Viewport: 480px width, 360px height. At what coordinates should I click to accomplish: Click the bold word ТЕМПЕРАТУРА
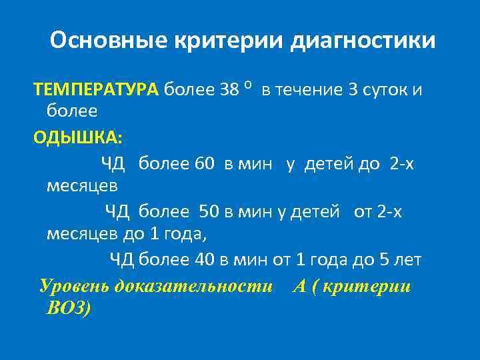[x=96, y=89]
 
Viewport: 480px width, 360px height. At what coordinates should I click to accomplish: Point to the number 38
[x=229, y=89]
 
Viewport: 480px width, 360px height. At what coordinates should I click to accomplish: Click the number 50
[x=209, y=211]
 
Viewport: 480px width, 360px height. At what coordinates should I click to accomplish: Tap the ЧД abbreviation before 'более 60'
[x=113, y=163]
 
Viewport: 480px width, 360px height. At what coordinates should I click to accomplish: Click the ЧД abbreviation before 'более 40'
[x=121, y=259]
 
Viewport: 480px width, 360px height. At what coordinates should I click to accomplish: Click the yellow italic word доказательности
[x=194, y=287]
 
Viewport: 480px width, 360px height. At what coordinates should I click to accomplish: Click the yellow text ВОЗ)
[x=68, y=308]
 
